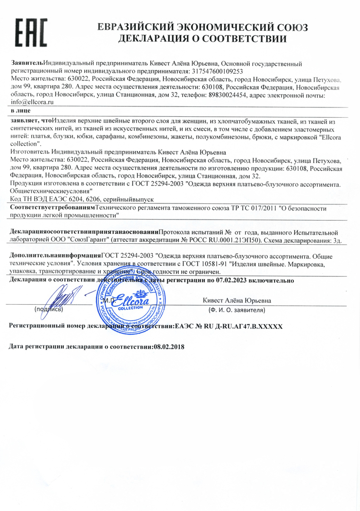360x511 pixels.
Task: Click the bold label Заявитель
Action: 26,63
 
